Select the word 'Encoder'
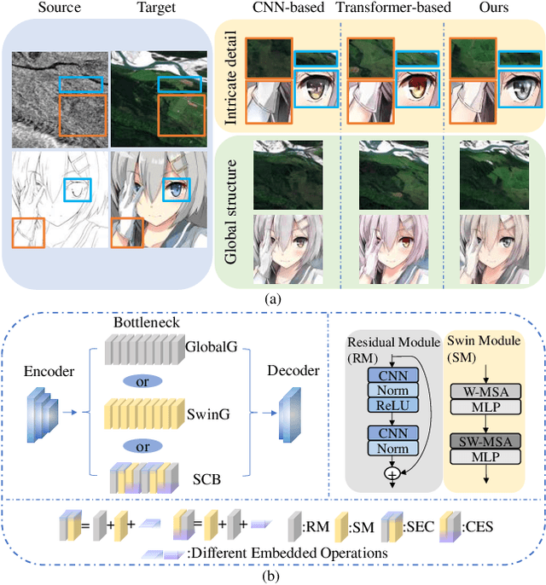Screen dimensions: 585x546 coord(49,371)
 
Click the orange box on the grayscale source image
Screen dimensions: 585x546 coord(83,116)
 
